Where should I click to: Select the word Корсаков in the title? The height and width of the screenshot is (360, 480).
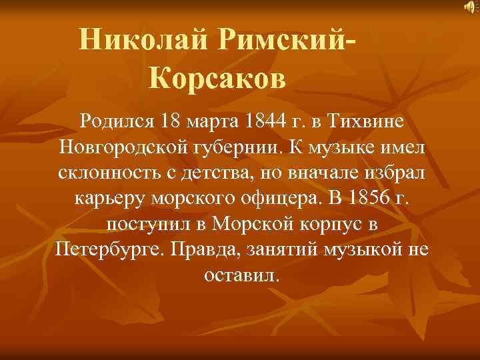pos(217,79)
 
